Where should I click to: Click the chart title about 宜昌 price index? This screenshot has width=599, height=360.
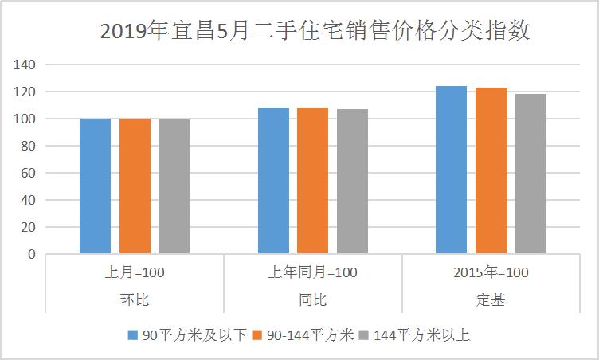(315, 32)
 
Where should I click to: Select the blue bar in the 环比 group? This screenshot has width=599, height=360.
(95, 186)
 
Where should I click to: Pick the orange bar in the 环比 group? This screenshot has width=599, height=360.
(135, 186)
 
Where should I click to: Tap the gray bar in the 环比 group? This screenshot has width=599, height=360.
(174, 186)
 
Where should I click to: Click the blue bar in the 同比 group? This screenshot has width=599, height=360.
(273, 181)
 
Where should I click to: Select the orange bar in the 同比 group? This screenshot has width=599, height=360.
(312, 181)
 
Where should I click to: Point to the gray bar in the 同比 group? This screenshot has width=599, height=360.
(352, 182)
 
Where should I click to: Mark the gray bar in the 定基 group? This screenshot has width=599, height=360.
(530, 174)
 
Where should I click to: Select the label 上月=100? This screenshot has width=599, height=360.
(135, 272)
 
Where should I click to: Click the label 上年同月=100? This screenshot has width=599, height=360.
(312, 272)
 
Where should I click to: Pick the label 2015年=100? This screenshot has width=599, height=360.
(491, 272)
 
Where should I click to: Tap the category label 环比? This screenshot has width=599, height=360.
(135, 300)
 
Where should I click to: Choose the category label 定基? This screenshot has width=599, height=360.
(491, 300)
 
